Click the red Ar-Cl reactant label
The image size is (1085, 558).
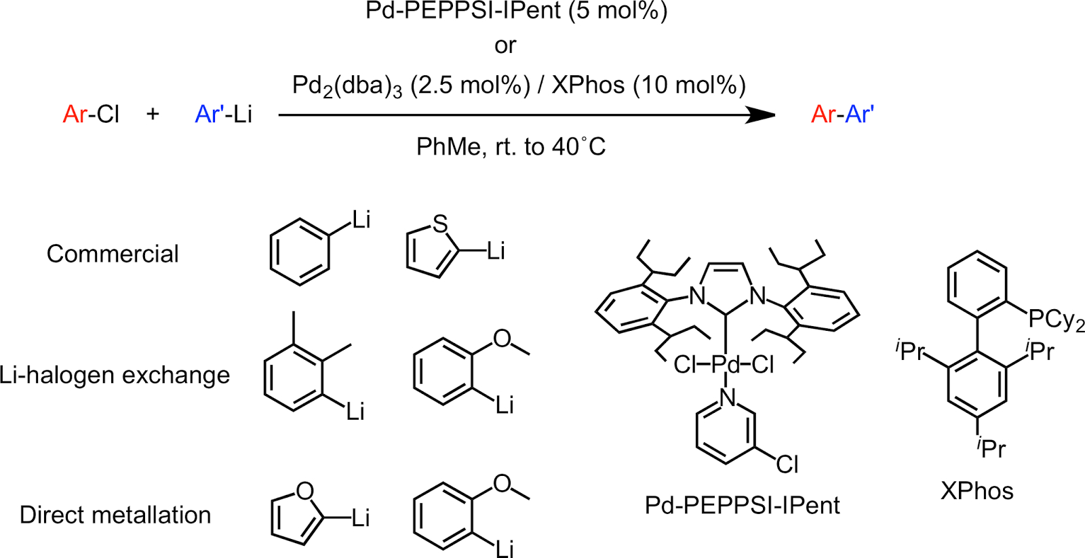click(91, 114)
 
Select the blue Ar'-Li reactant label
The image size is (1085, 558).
click(223, 114)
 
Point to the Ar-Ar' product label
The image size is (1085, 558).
click(842, 114)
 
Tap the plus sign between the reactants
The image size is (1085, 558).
click(153, 113)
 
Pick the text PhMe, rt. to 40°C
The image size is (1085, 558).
click(511, 146)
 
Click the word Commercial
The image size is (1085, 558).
click(113, 254)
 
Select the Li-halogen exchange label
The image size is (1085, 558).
click(115, 375)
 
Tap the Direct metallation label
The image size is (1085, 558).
click(115, 515)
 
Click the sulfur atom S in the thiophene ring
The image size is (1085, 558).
click(440, 224)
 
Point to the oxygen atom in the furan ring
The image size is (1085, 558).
click(305, 491)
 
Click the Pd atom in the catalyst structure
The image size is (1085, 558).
click(726, 365)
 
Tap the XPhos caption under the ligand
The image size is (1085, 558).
click(976, 490)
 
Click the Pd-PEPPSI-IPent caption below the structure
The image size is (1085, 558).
click(742, 505)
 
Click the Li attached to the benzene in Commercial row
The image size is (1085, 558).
click(361, 220)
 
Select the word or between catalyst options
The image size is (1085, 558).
click(505, 45)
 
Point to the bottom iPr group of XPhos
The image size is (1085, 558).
click(991, 447)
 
